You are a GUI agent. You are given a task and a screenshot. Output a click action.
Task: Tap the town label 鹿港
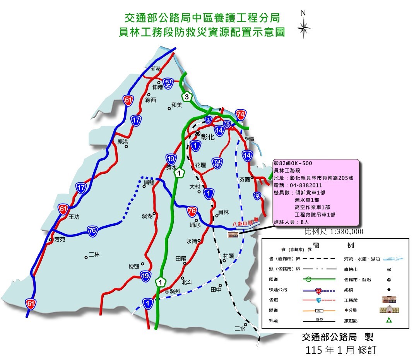123,142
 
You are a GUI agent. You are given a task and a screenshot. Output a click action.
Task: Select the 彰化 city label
207,136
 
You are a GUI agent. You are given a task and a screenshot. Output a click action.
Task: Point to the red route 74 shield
241,115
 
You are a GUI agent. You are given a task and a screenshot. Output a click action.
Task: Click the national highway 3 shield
187,98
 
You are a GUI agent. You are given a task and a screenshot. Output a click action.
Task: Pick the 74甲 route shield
217,163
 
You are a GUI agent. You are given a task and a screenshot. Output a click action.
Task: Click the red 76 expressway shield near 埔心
192,211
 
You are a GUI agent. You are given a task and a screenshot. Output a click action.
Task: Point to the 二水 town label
240,329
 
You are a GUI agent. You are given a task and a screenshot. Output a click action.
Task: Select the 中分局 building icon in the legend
389,310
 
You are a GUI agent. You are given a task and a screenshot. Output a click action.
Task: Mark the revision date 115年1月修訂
340,350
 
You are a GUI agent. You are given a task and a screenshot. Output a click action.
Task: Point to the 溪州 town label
175,291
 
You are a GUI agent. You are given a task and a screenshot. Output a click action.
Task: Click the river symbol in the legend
390,259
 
